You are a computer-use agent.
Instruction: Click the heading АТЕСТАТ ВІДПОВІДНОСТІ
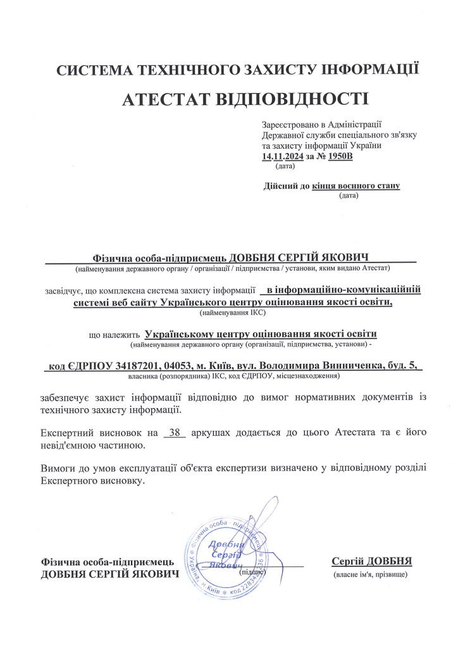click(244, 99)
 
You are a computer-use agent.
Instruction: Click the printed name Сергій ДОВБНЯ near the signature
click(371, 561)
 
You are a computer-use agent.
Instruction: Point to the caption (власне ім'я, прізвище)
click(371, 575)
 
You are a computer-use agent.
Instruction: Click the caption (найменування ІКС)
click(232, 313)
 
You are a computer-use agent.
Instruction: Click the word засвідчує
click(62, 291)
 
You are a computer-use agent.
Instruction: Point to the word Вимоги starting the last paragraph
click(58, 469)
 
